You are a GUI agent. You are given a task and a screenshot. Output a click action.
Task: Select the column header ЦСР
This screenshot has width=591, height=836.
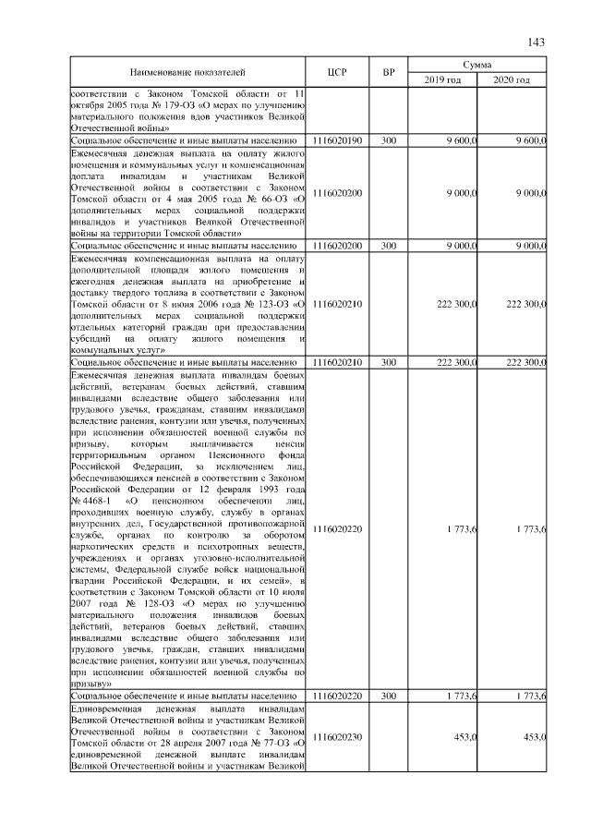[x=337, y=73]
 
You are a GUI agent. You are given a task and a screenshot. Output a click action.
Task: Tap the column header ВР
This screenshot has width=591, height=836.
[x=389, y=73]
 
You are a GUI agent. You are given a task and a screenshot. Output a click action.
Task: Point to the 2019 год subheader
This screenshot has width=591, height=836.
[x=442, y=80]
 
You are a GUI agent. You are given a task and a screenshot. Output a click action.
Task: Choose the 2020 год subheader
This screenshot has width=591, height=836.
[x=512, y=80]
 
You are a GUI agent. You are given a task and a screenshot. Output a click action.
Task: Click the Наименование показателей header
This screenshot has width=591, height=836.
[x=187, y=73]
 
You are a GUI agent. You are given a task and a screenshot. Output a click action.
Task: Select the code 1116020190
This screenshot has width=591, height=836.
[x=337, y=140]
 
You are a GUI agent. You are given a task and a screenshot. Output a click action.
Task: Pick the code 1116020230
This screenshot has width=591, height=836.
[x=337, y=736]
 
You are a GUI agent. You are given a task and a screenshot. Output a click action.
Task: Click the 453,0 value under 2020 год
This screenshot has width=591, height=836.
[x=533, y=736]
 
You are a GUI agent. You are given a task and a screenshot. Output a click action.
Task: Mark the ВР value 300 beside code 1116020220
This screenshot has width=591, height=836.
[x=389, y=695]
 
